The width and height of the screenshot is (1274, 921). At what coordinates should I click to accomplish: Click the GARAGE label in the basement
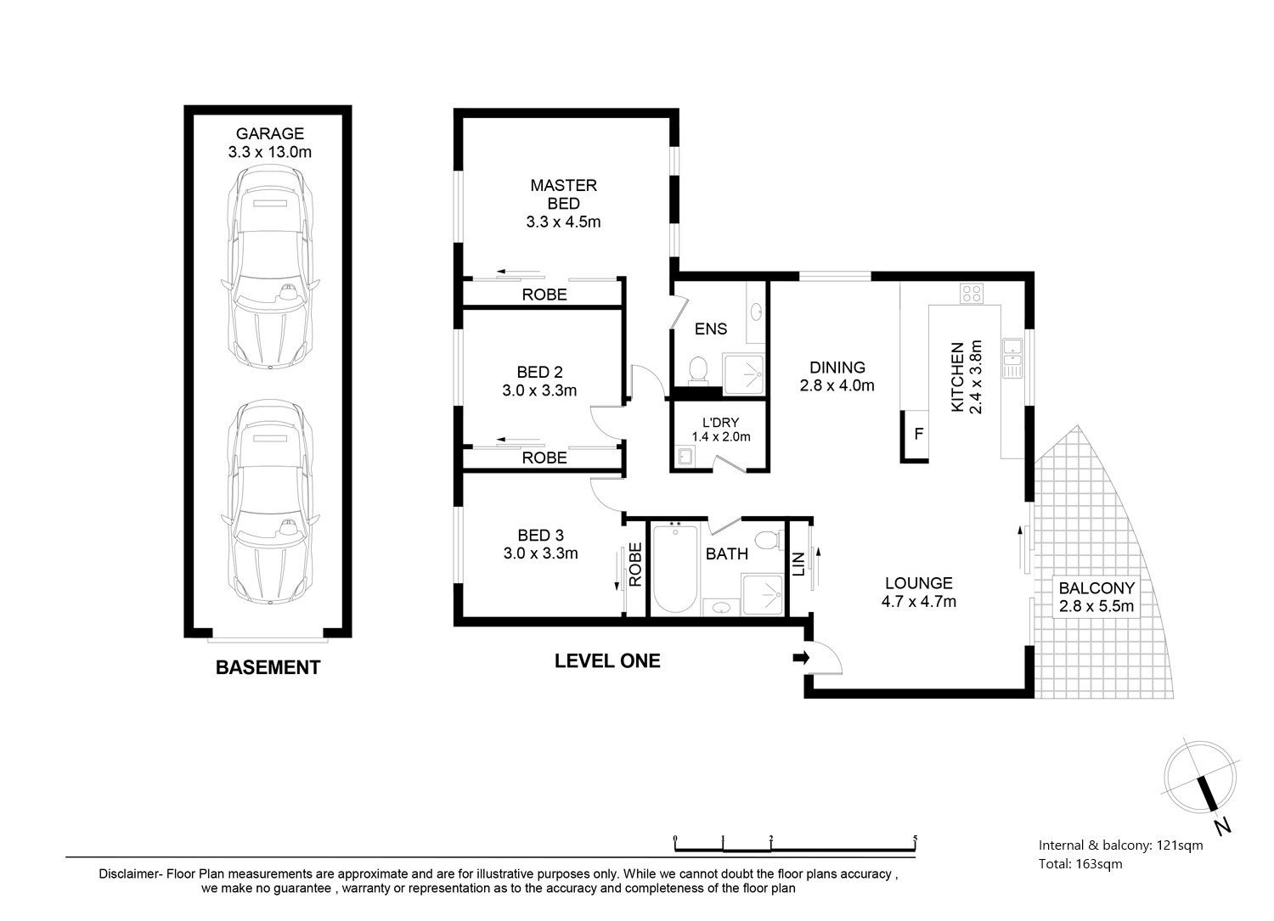coord(269,133)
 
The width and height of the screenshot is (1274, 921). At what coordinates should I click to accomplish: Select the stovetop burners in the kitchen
coord(972,294)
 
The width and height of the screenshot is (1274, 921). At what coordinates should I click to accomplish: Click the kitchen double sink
coord(1012,358)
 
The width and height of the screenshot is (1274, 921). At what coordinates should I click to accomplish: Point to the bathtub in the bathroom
coord(675,568)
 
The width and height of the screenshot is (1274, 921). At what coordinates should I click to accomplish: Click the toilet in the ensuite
coord(697,369)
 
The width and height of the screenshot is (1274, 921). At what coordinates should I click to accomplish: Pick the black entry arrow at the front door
coord(801,659)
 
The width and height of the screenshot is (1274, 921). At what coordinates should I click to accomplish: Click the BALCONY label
coord(1096,587)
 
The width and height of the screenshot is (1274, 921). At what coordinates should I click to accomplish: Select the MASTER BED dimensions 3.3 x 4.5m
coord(563,222)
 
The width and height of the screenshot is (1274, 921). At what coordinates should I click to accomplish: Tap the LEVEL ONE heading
coord(607,660)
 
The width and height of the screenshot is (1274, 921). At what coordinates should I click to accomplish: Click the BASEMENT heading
coord(268,667)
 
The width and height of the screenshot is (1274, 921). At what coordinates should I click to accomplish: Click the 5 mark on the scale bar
coord(915,838)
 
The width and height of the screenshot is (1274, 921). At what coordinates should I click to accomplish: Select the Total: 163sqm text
coord(1080,864)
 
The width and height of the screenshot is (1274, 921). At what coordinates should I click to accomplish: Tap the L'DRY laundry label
coord(720,423)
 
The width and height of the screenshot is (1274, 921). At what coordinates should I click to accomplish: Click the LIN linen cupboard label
coord(798,564)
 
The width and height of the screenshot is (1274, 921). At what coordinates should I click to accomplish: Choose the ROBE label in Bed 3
coord(634,564)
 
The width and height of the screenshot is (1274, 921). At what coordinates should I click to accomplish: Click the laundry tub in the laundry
coord(685,457)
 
